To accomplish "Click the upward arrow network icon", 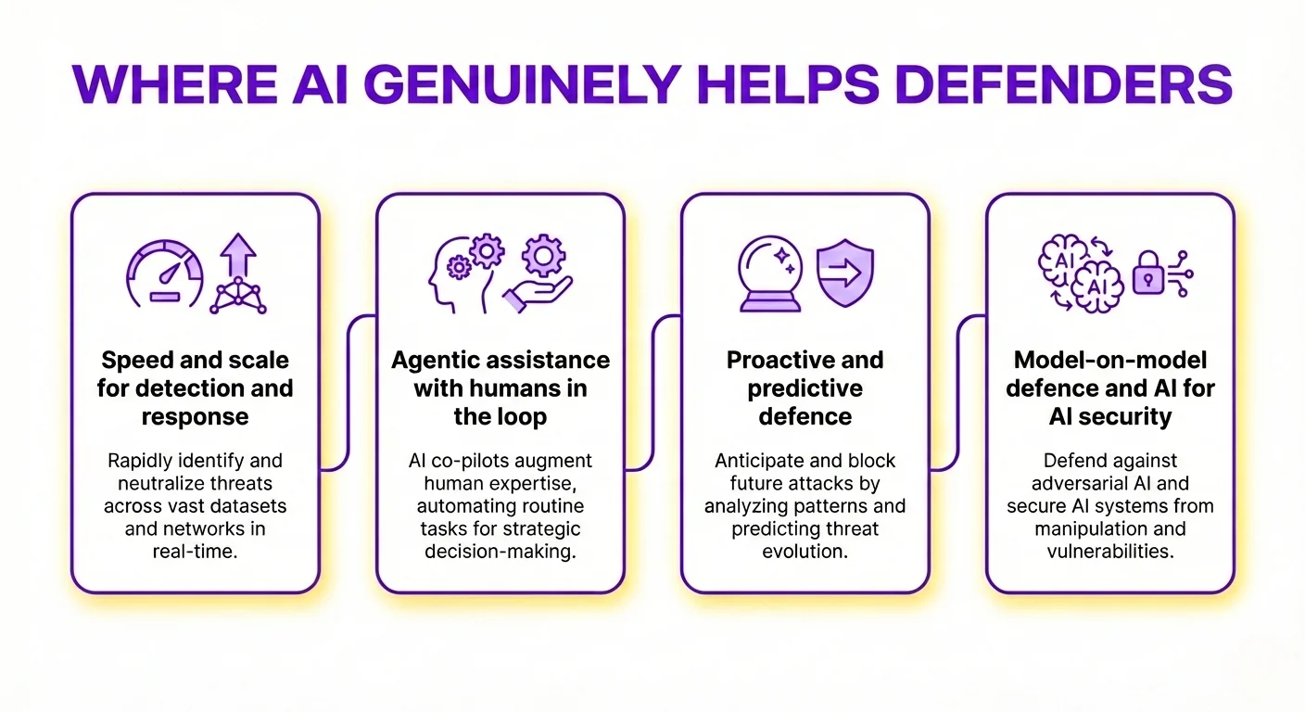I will point(236,273).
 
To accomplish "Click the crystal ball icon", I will point(771,273).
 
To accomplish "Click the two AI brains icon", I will point(1080,271).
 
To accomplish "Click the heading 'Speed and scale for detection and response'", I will point(195,388).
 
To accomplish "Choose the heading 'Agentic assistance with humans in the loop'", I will point(500,388).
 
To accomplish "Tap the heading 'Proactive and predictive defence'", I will point(805,388).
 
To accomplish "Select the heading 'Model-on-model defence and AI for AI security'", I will point(1110,388).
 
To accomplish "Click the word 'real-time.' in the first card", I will point(195,552).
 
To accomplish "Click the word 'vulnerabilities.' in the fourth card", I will point(1110,552).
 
